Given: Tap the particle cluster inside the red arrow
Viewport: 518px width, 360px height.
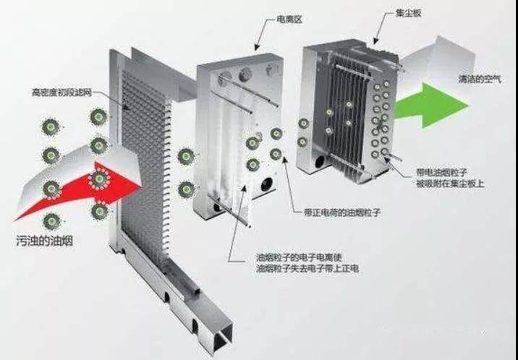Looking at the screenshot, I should point(100,178).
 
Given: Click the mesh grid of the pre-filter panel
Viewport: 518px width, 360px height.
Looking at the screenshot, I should point(145,181).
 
